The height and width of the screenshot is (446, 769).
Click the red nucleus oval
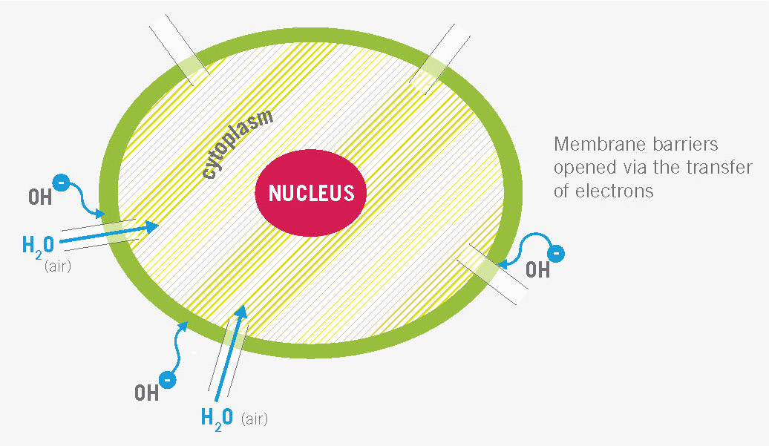(x=310, y=193)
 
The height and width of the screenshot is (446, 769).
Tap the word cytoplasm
(x=238, y=144)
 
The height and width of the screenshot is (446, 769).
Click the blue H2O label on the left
(x=39, y=246)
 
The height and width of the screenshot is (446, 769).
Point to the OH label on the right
(x=537, y=270)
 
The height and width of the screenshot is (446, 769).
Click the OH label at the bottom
(x=147, y=393)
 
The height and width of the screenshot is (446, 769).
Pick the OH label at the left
(x=40, y=197)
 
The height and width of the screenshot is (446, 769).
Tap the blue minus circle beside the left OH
(x=61, y=183)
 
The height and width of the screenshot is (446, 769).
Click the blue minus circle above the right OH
(x=556, y=254)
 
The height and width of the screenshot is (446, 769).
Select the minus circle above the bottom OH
(x=168, y=380)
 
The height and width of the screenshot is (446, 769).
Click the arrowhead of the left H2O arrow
(x=152, y=226)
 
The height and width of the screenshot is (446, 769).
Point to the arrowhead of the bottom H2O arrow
(x=240, y=311)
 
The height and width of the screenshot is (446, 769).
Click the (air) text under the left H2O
(x=58, y=266)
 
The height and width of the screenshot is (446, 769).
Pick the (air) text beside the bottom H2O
(x=255, y=419)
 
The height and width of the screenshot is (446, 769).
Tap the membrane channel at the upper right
(x=439, y=58)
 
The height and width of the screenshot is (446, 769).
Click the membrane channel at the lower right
(x=493, y=274)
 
